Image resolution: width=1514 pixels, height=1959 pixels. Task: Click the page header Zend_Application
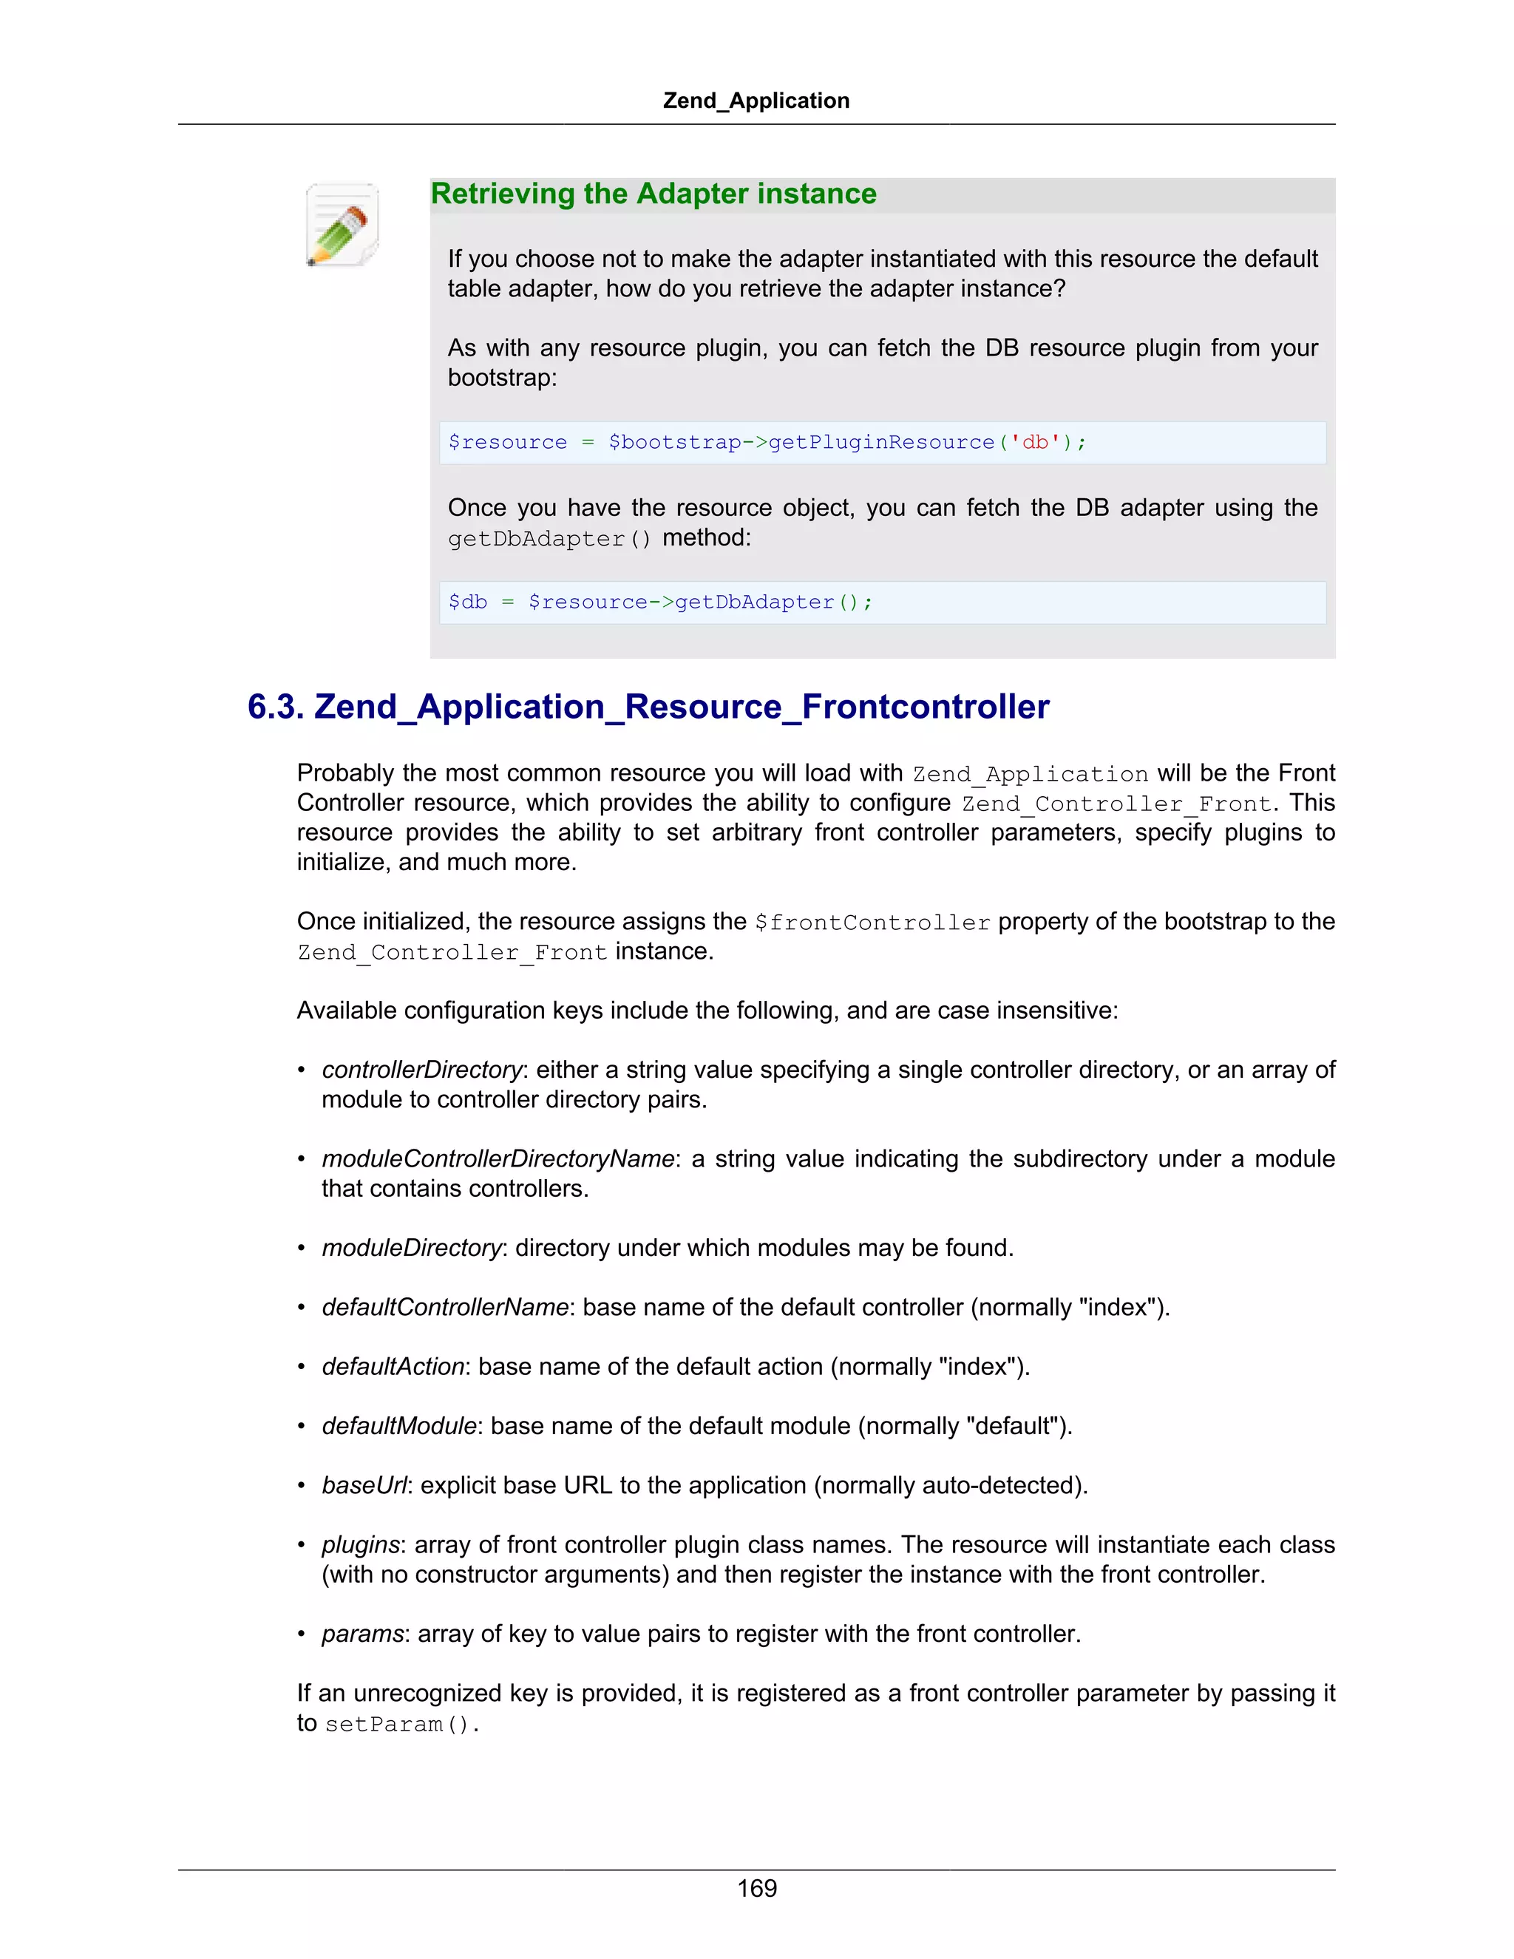point(756,101)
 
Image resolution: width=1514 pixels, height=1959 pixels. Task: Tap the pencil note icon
point(342,225)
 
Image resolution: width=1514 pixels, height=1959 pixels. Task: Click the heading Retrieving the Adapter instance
point(653,194)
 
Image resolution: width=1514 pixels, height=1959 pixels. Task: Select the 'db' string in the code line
point(1035,442)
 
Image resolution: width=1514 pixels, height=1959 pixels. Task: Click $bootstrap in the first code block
point(674,442)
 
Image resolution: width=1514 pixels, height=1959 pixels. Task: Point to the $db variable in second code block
point(467,602)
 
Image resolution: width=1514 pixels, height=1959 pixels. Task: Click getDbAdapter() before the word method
point(549,539)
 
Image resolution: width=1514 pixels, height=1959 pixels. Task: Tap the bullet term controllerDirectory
point(421,1070)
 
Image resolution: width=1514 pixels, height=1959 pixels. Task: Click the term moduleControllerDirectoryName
point(498,1159)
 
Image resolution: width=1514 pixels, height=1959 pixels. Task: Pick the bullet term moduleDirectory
point(411,1248)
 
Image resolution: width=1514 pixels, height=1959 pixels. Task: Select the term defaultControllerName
point(445,1307)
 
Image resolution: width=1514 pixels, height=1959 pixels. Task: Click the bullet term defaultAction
point(393,1366)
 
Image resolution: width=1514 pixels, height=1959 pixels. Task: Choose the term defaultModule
point(399,1426)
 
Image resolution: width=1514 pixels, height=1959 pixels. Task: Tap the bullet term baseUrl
point(364,1485)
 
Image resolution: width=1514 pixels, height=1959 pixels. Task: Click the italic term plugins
point(360,1544)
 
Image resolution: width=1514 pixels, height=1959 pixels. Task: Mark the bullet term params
point(362,1634)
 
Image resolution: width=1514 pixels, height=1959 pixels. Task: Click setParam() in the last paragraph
point(401,1725)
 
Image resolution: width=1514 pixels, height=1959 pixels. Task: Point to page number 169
point(756,1888)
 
